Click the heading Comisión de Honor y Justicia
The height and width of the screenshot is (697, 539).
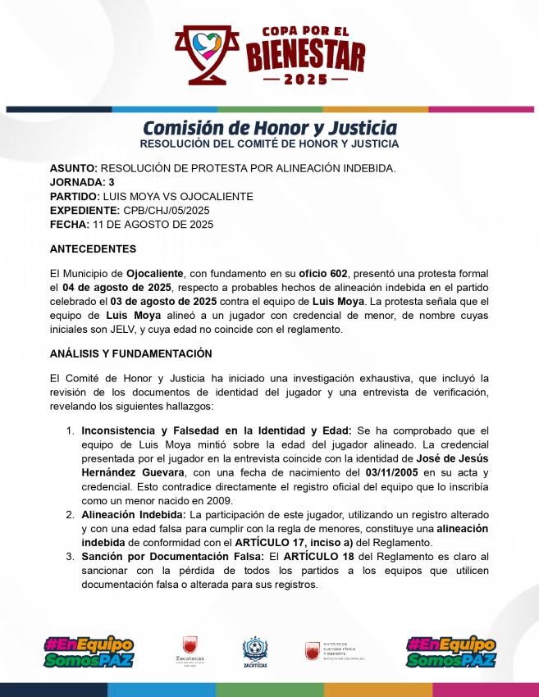(x=269, y=128)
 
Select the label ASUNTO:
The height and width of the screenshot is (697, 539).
(x=74, y=169)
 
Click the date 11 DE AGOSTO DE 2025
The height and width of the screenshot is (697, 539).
(x=152, y=225)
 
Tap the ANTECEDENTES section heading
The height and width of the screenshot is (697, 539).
(x=93, y=248)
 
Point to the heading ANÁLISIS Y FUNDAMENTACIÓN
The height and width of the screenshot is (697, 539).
(x=130, y=353)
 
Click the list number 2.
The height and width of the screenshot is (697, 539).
(x=71, y=515)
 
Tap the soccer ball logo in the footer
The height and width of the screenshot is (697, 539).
(x=254, y=648)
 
